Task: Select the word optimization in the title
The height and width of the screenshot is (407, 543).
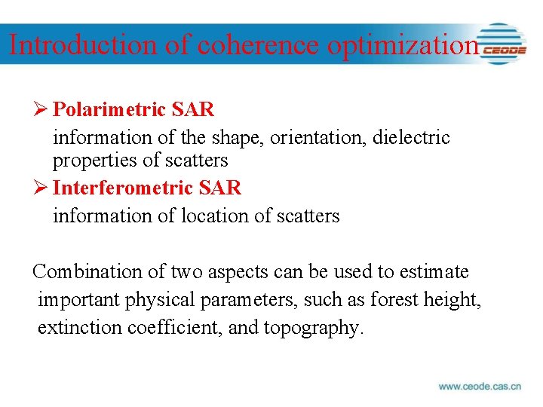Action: click(403, 44)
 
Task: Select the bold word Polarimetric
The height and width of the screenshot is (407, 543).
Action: click(109, 110)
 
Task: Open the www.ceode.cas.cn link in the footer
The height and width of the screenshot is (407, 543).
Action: click(480, 387)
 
